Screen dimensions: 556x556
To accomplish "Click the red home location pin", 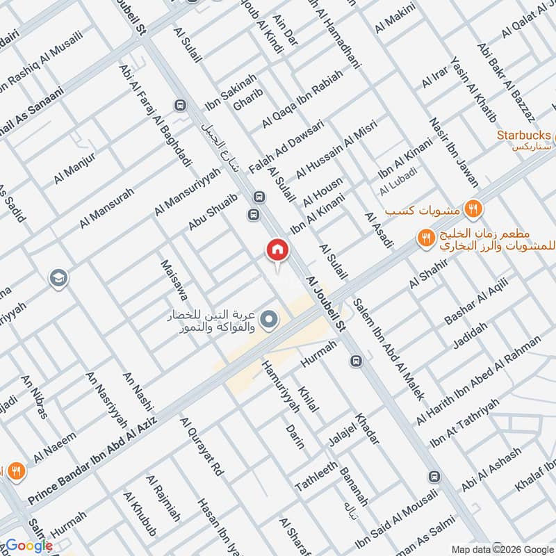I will tap(277, 250).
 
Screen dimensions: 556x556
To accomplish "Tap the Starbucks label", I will tap(524, 135).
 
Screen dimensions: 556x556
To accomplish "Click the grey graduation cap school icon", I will tap(59, 279).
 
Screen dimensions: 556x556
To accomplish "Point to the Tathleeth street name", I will tap(316, 475).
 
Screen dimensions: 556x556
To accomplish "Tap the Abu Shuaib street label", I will tap(213, 211).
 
